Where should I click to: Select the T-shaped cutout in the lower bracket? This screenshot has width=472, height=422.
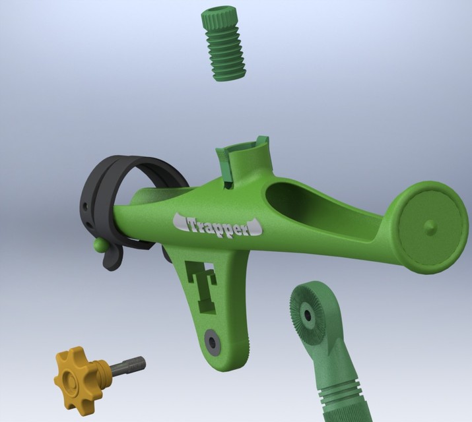(203, 284)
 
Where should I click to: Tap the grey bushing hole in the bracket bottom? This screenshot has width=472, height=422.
(213, 341)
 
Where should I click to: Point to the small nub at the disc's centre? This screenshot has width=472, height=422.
(430, 226)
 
